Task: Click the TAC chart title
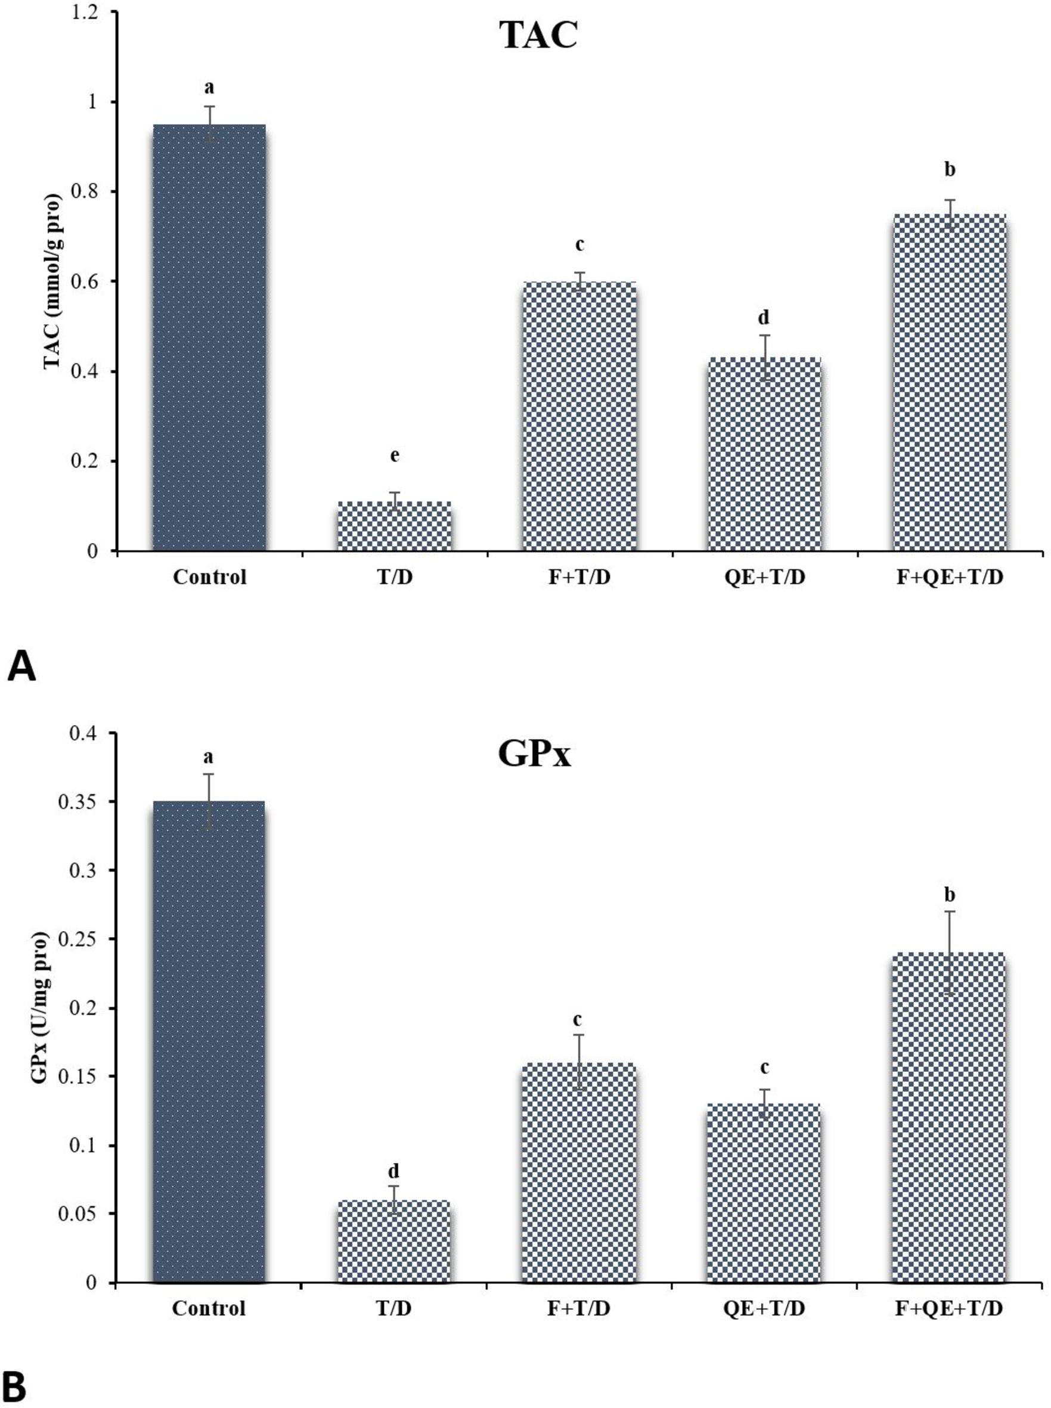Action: [539, 36]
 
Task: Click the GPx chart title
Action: [534, 755]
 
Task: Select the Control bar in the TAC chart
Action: [209, 337]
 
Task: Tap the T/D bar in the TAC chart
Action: [394, 526]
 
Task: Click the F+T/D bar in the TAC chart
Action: [579, 417]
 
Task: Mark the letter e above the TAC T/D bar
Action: [395, 455]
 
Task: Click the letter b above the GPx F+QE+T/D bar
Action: [949, 895]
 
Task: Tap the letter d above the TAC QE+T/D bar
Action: [764, 317]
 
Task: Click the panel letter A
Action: [21, 668]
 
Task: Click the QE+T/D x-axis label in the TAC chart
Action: [764, 578]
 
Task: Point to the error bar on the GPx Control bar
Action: [209, 801]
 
